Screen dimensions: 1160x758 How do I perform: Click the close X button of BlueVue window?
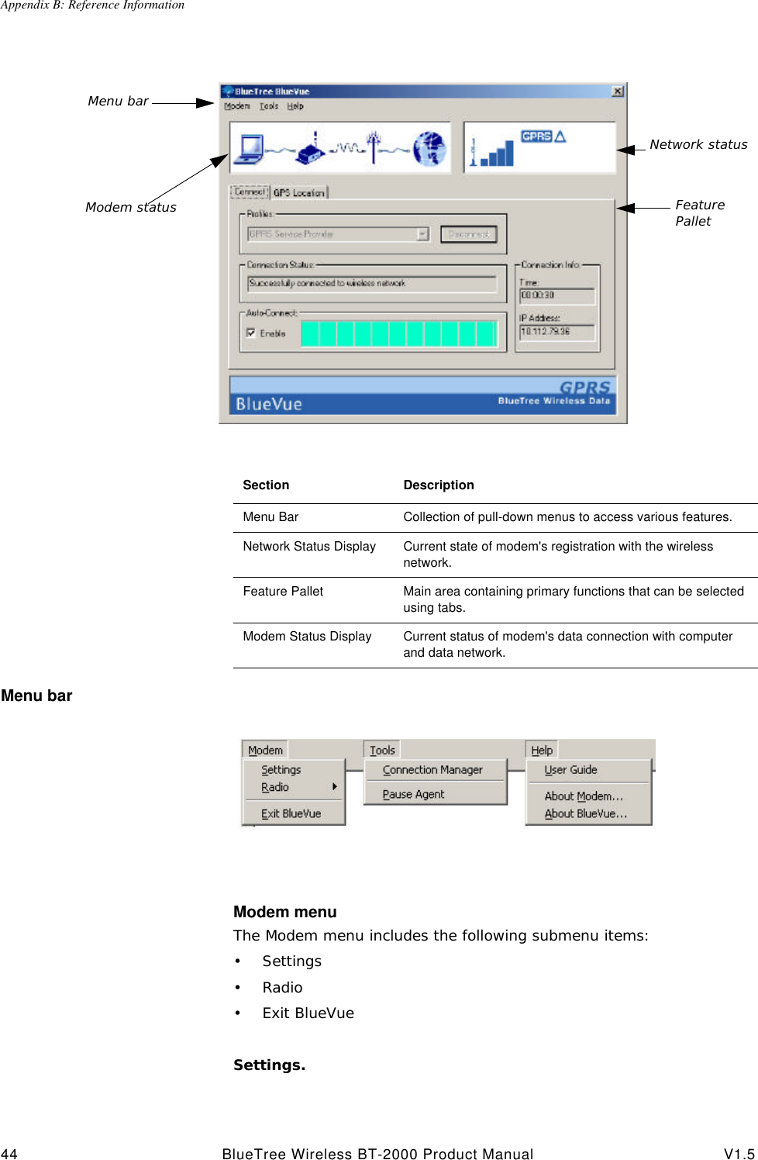coord(617,91)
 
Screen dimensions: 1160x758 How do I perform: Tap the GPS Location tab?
coord(299,192)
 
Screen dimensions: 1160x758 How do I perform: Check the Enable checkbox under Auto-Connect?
coord(251,333)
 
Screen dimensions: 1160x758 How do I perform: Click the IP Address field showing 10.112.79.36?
coord(556,332)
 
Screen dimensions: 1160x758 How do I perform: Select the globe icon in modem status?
coord(429,148)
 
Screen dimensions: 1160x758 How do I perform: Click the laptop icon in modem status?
coord(251,148)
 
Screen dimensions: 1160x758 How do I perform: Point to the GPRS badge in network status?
coord(536,136)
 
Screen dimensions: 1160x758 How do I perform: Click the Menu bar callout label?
coord(118,102)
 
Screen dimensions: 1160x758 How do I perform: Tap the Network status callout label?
coord(698,145)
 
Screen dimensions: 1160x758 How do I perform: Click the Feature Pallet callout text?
coord(699,213)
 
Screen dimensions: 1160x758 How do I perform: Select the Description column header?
coord(438,485)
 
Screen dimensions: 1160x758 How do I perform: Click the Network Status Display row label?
coord(308,547)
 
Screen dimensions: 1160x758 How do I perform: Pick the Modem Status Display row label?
coord(307,637)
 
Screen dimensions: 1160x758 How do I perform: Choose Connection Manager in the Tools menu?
coord(432,770)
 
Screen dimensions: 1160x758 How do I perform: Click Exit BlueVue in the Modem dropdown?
coord(291,813)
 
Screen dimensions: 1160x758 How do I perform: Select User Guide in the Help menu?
coord(570,770)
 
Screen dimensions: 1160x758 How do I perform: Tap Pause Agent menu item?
coord(413,794)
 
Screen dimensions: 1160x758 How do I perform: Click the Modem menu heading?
coord(284,912)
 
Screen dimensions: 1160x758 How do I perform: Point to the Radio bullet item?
coord(282,988)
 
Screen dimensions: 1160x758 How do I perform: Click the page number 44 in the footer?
coord(9,1154)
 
